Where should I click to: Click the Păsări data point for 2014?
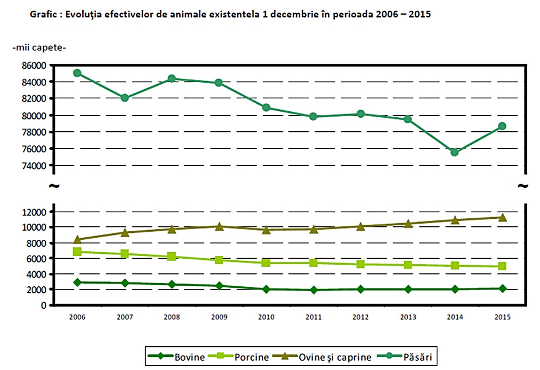pyautogui.click(x=455, y=152)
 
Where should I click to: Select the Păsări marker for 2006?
pyautogui.click(x=77, y=73)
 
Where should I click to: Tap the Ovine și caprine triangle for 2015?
pyautogui.click(x=502, y=218)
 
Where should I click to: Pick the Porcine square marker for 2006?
pyautogui.click(x=77, y=252)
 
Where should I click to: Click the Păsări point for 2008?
pyautogui.click(x=172, y=78)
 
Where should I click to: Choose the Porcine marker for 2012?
pyautogui.click(x=361, y=264)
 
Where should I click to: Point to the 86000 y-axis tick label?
pyautogui.click(x=34, y=65)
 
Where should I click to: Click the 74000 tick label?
pyautogui.click(x=34, y=165)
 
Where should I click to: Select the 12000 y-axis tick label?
pyautogui.click(x=34, y=212)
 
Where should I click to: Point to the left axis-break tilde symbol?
pyautogui.click(x=54, y=186)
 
